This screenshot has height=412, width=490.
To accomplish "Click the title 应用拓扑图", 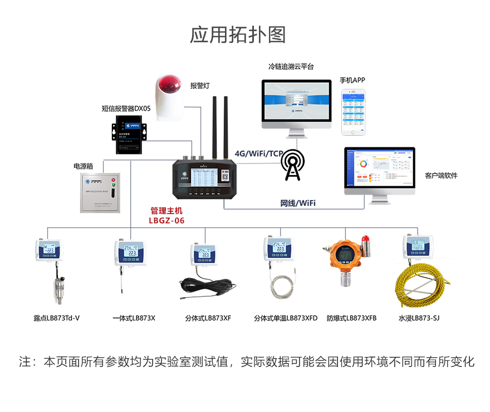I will pos(238,35).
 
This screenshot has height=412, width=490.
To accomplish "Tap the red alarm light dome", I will pos(169,85).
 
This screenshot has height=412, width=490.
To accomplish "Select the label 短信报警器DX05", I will pos(126,108).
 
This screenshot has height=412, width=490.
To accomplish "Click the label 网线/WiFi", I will pos(297,203).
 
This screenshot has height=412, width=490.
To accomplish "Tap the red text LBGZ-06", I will pos(166,220).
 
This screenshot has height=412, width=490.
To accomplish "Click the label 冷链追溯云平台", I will pos(291,67).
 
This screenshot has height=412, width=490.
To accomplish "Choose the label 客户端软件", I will pos(441,176).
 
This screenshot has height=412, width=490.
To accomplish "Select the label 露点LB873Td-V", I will pos(56,319).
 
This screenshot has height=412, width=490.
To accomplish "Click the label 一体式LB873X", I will pos(134,319).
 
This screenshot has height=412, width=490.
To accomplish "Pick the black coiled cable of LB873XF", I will pos(207,289).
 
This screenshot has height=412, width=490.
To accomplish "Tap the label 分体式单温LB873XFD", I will pos(285,319).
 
